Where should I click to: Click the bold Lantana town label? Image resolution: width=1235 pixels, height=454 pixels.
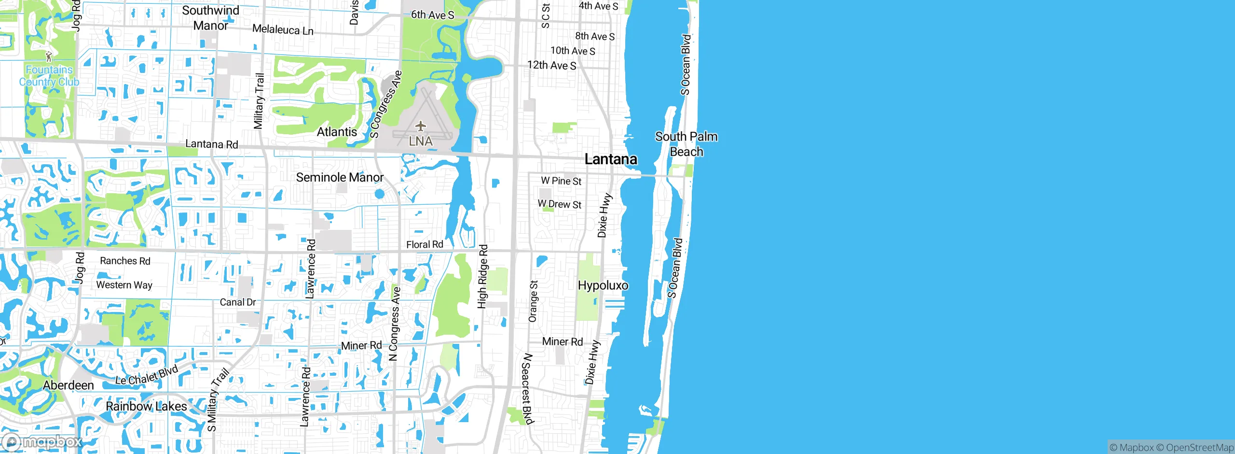pos(611,159)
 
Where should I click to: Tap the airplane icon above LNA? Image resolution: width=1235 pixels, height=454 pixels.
pos(421,127)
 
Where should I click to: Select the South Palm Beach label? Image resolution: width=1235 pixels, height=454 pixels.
pos(686,144)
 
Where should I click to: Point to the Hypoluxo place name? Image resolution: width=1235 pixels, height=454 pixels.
pos(603,285)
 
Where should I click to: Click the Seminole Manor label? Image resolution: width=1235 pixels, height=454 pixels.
pos(340,177)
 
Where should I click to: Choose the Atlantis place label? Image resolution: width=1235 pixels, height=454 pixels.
pos(337,132)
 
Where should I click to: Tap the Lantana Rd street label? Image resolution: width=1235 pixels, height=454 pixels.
pos(212,144)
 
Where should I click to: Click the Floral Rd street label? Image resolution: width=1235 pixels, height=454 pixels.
pos(425,244)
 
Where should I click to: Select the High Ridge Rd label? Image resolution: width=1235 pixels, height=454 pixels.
pos(483,276)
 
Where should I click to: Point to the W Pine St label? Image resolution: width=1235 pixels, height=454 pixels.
pos(561,181)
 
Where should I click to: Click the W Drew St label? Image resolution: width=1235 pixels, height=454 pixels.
pos(560,204)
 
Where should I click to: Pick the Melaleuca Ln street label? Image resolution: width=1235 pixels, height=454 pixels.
pos(283,30)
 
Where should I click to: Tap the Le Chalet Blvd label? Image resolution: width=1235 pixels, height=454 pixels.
pos(147,375)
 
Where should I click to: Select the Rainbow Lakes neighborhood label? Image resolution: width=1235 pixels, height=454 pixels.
pos(146,406)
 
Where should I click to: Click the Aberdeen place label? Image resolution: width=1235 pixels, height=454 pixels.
pos(69,385)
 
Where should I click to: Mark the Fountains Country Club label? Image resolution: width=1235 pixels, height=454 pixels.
pos(49,76)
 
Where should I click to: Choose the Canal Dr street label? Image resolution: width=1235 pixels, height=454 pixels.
pos(238,302)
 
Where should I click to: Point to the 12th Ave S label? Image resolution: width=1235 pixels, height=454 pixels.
pos(551,65)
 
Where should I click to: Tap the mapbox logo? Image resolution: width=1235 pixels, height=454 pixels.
pos(42,442)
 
